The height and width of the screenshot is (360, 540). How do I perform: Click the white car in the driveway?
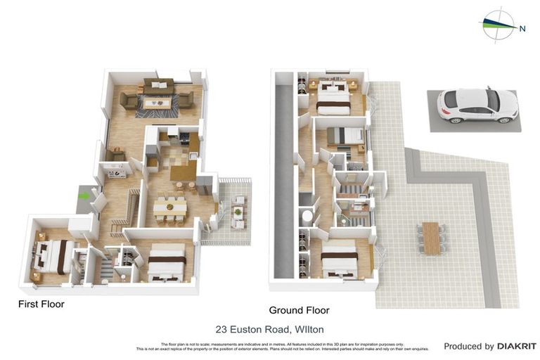477,105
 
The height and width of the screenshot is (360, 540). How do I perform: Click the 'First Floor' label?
41,304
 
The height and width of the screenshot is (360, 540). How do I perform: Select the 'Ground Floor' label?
299,310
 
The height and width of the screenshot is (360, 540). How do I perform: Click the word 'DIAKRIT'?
517,346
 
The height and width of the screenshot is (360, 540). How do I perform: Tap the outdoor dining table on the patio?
430,238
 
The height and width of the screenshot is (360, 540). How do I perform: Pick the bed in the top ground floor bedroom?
333,98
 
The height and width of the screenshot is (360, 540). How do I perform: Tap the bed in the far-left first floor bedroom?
53,255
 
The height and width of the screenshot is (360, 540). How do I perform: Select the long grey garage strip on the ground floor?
285,183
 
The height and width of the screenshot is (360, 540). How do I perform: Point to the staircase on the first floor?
126,212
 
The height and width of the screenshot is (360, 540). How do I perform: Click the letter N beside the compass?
522,29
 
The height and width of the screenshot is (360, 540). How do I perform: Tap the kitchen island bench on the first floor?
183,170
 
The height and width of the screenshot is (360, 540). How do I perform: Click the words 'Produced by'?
469,346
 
